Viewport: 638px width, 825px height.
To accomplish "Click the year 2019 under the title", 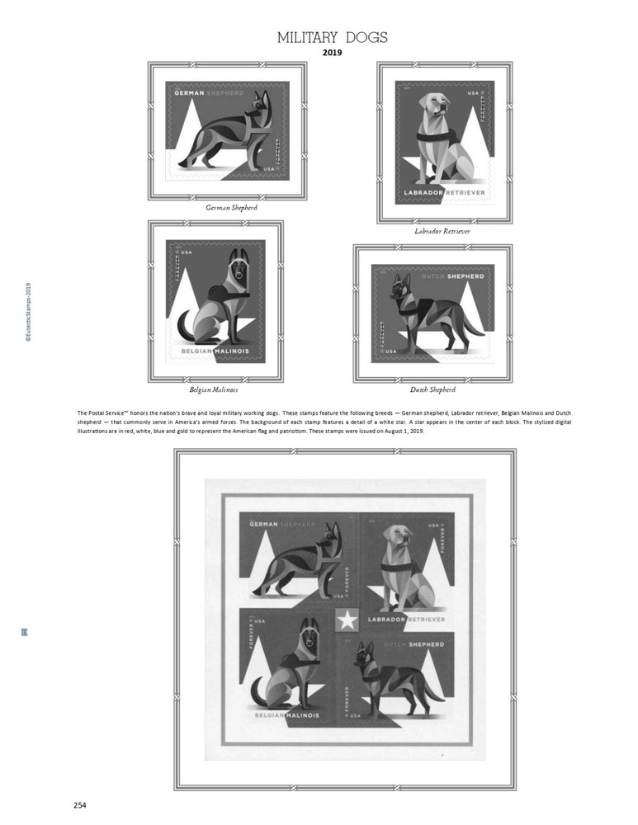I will (x=332, y=53).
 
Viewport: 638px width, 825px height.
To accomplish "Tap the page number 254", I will (x=79, y=805).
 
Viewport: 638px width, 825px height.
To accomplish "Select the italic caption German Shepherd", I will (x=231, y=208).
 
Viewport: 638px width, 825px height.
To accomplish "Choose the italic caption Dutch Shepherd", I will (x=432, y=389).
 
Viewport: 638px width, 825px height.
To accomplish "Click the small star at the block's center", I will (x=347, y=620).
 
